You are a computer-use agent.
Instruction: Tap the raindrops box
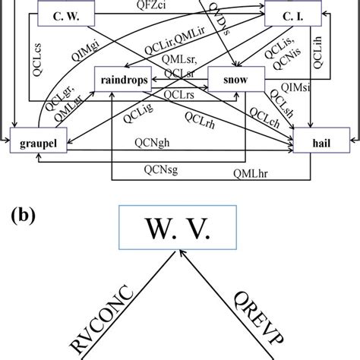pos(122,78)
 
